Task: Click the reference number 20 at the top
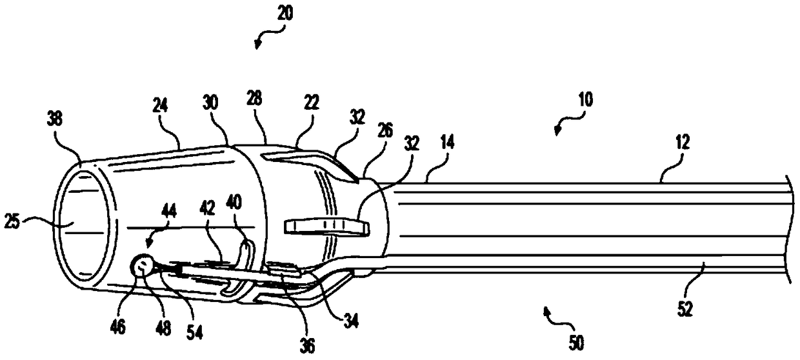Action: pyautogui.click(x=285, y=14)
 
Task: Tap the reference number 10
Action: pyautogui.click(x=585, y=99)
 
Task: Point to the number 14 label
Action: pyautogui.click(x=447, y=143)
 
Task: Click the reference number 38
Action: pyautogui.click(x=55, y=118)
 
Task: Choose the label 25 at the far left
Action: pyautogui.click(x=12, y=221)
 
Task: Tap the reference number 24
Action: pyautogui.click(x=160, y=106)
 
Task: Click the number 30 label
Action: pyautogui.click(x=211, y=103)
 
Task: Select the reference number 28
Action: pyautogui.click(x=254, y=98)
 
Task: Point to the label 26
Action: pyautogui.click(x=385, y=130)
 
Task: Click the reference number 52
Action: pyautogui.click(x=685, y=308)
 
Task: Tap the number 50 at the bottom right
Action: pyautogui.click(x=575, y=343)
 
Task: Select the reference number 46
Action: pyautogui.click(x=118, y=326)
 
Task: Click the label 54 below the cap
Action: pyautogui.click(x=195, y=332)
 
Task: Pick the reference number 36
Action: pyautogui.click(x=308, y=345)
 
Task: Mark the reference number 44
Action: pyautogui.click(x=168, y=212)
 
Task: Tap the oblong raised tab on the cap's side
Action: pyautogui.click(x=326, y=227)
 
